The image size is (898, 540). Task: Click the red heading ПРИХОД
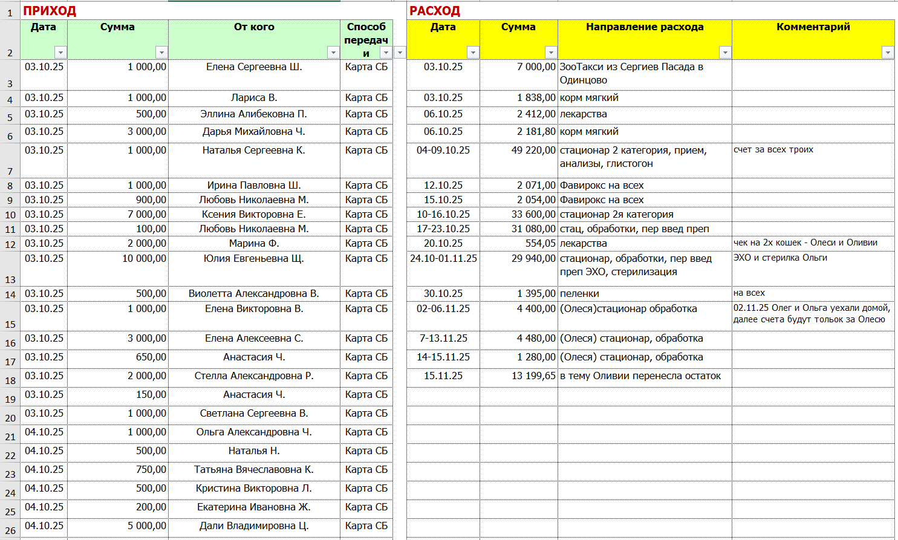50,11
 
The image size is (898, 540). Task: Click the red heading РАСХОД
435,11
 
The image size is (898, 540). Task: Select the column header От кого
254,27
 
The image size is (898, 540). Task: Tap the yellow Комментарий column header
813,27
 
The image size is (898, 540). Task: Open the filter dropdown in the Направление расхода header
724,53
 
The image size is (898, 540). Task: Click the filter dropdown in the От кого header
333,53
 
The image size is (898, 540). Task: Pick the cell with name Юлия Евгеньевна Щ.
254,259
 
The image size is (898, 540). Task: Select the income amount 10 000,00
144,259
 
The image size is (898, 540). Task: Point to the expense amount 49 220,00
533,151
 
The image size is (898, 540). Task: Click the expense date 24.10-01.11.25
443,259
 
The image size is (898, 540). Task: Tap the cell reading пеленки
579,294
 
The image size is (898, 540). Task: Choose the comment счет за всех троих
773,150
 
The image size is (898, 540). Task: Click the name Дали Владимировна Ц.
254,526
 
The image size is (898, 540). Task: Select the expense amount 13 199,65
533,376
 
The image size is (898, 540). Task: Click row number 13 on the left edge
10,279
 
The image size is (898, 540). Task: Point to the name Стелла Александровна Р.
254,376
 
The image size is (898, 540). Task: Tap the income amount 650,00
151,357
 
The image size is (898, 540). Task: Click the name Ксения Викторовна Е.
254,215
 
